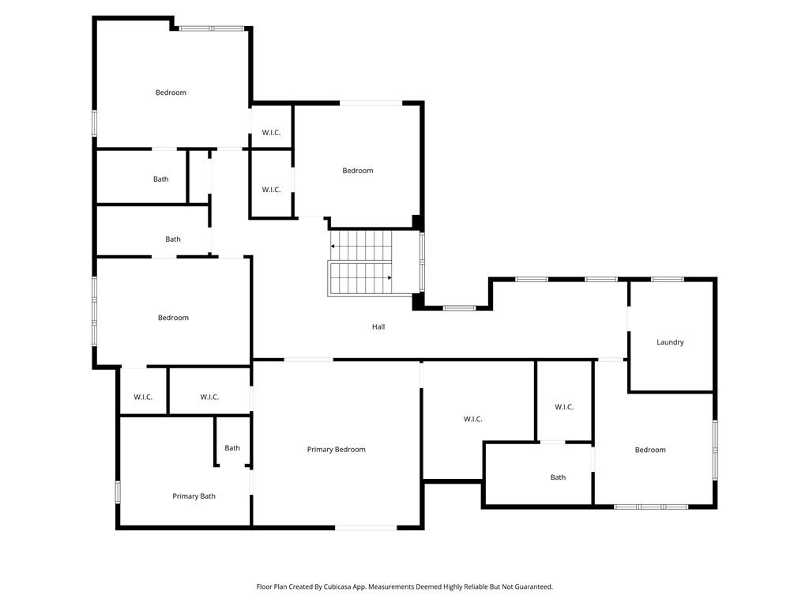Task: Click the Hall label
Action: [x=378, y=326]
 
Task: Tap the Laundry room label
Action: [x=670, y=342]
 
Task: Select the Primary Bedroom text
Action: [x=336, y=450]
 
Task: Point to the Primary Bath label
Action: [x=194, y=496]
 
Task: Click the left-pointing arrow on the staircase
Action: [x=333, y=247]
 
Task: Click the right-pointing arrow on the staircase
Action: [x=389, y=277]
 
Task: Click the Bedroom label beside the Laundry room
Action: [x=650, y=450]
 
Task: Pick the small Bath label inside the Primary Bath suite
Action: [x=231, y=448]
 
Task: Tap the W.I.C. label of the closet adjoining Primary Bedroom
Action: [x=472, y=419]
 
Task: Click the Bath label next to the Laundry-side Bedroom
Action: [x=558, y=477]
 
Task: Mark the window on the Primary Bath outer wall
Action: [x=118, y=492]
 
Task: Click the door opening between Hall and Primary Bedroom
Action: [x=308, y=360]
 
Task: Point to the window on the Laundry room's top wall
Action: [x=668, y=279]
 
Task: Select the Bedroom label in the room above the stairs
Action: [x=357, y=171]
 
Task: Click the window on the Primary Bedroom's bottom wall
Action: [x=366, y=527]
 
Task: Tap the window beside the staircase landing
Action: [x=422, y=261]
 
